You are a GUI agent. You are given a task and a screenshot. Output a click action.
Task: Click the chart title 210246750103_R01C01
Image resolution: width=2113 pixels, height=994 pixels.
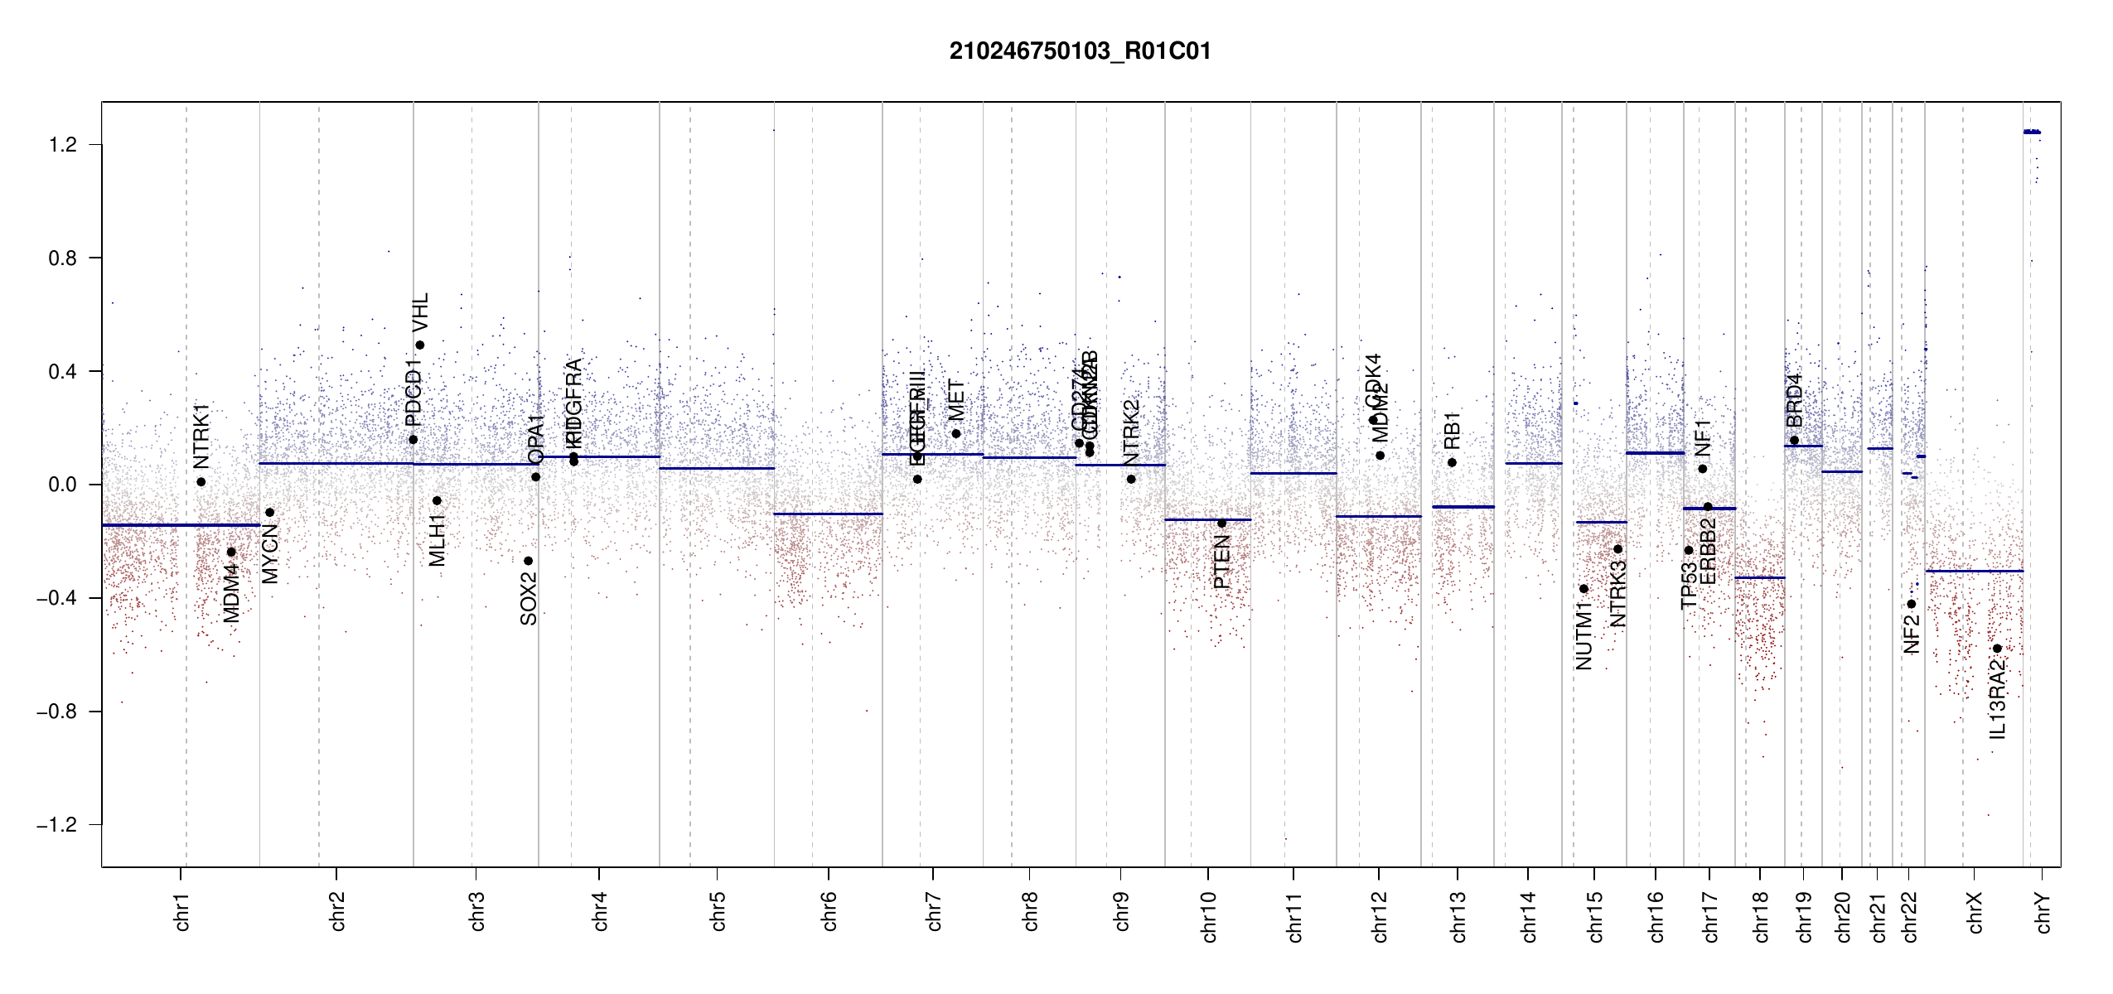pos(1080,51)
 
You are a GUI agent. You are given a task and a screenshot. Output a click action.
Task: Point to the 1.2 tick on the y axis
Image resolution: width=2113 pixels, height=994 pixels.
pos(62,145)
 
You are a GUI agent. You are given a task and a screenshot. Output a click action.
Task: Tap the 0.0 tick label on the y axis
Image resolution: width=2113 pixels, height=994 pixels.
pos(62,485)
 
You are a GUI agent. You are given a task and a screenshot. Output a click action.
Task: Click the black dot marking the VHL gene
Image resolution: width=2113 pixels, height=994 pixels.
pos(420,345)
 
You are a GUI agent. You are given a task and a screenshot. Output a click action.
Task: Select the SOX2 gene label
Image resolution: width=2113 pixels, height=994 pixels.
pos(529,598)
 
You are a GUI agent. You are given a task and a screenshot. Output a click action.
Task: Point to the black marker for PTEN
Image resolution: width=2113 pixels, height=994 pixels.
pos(1221,524)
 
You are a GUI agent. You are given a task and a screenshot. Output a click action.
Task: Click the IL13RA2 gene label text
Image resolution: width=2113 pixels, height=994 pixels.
pos(1998,700)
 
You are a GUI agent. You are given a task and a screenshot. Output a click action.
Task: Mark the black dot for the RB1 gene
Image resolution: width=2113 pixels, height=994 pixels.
pos(1452,463)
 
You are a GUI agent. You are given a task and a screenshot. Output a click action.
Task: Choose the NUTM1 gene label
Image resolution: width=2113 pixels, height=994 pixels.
pos(1584,636)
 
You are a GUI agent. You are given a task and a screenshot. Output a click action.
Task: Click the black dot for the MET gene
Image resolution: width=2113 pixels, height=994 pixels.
pos(956,434)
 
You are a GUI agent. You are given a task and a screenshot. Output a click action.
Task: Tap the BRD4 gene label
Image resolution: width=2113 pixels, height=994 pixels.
pos(1795,401)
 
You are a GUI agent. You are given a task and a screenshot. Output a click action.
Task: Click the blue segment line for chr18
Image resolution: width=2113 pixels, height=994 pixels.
pos(1760,577)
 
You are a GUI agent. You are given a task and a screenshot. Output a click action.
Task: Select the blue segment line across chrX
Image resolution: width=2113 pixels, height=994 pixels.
pos(1974,571)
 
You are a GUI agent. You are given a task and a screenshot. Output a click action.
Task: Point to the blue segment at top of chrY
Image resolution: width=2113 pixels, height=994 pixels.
pos(2032,132)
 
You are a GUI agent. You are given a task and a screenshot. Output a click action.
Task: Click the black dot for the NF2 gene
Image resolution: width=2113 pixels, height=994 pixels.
pos(1912,604)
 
